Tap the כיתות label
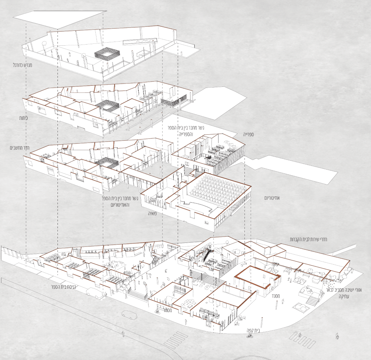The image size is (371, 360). tap(23, 118)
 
